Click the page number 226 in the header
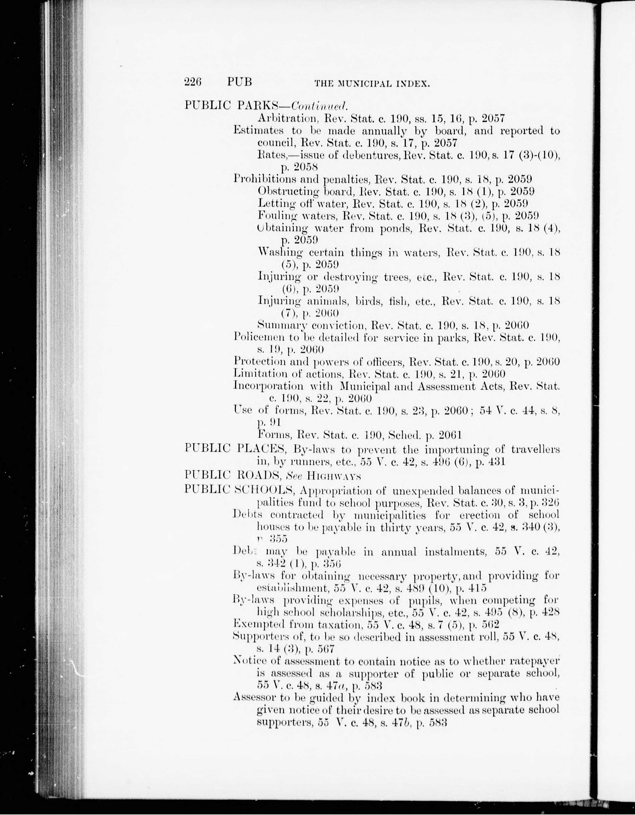click(x=193, y=82)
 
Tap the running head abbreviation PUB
click(x=239, y=82)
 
